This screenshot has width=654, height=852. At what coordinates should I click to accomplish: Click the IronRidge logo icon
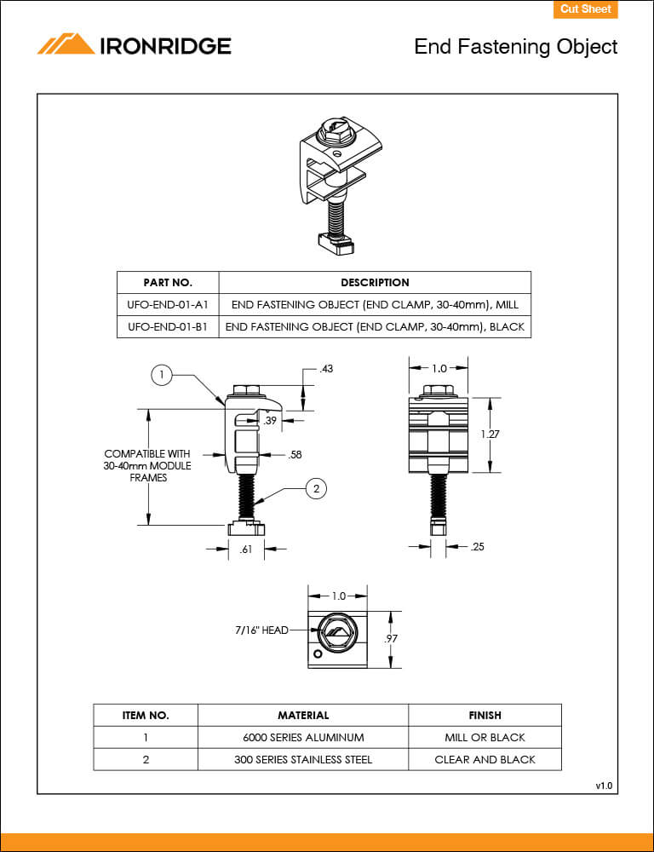point(66,44)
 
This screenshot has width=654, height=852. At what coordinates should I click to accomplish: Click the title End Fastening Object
point(515,46)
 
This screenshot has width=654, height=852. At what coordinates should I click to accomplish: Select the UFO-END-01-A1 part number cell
point(168,304)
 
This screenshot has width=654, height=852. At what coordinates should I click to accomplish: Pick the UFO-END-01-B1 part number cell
point(168,326)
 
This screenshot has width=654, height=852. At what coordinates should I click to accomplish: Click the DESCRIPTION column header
point(375,282)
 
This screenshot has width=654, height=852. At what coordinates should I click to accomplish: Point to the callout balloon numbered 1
point(162,373)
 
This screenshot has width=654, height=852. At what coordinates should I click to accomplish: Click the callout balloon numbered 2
point(316,488)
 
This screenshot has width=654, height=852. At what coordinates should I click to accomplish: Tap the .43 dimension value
point(325,369)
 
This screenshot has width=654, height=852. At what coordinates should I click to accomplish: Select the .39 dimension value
point(270,421)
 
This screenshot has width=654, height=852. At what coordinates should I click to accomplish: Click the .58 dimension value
point(295,455)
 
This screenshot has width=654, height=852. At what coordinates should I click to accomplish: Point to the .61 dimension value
point(246,550)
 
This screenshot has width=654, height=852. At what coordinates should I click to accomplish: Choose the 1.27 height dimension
point(490,434)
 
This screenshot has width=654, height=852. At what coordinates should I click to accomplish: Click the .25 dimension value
point(477,546)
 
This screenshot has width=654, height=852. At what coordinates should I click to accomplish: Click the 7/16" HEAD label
point(261,630)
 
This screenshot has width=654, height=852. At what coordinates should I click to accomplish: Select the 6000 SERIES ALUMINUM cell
point(303,737)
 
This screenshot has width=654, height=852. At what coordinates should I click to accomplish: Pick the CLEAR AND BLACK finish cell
point(485,759)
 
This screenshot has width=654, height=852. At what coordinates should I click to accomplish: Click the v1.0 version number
point(604,785)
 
